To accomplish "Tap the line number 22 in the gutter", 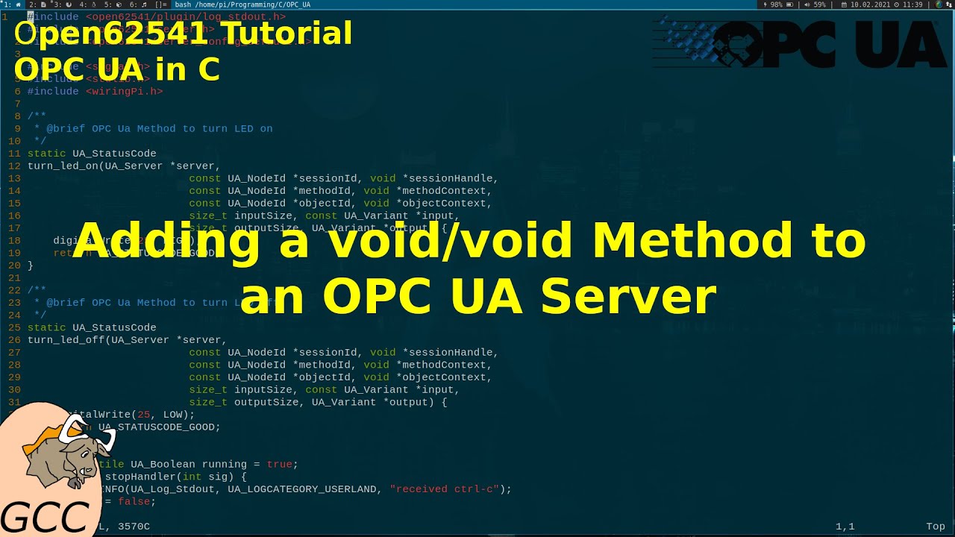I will click(x=15, y=277).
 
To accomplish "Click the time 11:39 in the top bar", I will click(x=912, y=4).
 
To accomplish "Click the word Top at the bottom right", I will click(x=936, y=527).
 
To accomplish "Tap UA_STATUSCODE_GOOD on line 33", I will click(x=159, y=427).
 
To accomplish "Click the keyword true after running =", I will click(x=279, y=465).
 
